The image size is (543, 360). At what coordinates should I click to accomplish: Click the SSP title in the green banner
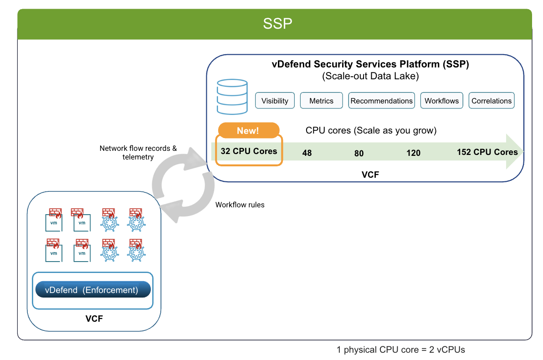(x=277, y=24)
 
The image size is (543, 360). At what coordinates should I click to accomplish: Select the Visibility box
(x=275, y=101)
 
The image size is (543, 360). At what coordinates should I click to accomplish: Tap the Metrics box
(x=321, y=101)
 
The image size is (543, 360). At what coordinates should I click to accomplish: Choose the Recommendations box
(x=382, y=101)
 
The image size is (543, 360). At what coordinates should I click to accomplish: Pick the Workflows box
(x=441, y=101)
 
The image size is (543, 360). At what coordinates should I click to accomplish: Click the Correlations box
(x=492, y=101)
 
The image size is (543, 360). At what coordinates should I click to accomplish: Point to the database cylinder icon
(x=232, y=97)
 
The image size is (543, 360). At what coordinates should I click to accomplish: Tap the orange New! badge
(x=249, y=130)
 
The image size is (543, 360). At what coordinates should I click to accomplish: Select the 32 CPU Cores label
(x=249, y=151)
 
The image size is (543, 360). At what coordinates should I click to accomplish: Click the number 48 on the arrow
(x=307, y=153)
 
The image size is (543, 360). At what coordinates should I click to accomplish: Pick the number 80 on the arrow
(x=359, y=153)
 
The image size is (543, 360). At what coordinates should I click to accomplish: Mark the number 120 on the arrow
(x=414, y=153)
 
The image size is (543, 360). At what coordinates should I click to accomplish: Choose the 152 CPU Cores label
(x=487, y=152)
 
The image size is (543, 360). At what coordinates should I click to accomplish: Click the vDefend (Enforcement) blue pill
(x=93, y=290)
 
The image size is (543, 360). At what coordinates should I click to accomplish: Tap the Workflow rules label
(x=240, y=205)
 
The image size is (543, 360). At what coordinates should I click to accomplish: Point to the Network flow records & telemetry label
(x=138, y=153)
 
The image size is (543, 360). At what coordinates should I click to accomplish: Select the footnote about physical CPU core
(x=401, y=350)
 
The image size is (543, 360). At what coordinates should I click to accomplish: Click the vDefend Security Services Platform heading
(x=370, y=64)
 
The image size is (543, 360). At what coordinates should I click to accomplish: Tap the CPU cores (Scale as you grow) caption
(x=371, y=130)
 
